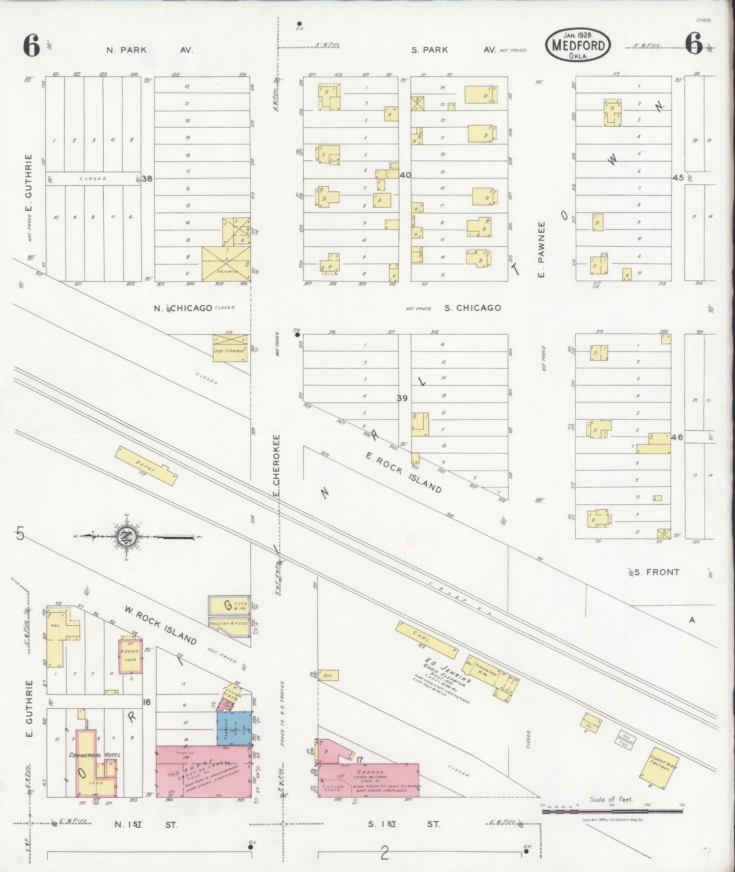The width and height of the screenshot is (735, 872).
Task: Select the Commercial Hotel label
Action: [x=95, y=755]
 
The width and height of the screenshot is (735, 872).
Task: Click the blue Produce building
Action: [x=233, y=729]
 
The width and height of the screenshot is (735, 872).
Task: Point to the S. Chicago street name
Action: [x=473, y=308]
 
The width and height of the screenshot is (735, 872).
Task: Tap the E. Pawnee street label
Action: [x=541, y=250]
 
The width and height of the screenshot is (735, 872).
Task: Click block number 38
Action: [x=148, y=179]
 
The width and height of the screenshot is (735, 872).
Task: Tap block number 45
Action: [x=678, y=178]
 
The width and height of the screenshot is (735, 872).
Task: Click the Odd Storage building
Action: [x=229, y=348]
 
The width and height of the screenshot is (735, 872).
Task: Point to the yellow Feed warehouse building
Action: [x=229, y=605]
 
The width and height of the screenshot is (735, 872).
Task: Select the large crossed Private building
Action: [x=226, y=264]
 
